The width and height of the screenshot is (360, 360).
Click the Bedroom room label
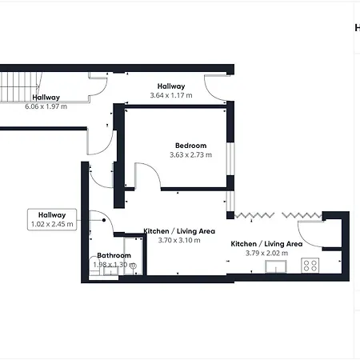click(190, 146)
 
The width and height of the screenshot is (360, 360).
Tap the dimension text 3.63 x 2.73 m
click(190, 154)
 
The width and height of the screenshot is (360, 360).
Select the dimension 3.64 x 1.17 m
click(171, 95)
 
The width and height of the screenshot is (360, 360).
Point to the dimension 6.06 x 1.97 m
click(46, 106)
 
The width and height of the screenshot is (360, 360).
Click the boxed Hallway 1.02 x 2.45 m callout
click(52, 219)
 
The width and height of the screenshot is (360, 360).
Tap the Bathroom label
click(114, 255)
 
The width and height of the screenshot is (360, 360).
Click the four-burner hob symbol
click(310, 266)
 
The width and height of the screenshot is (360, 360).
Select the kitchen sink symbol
click(276, 266)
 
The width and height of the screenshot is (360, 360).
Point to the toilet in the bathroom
click(94, 266)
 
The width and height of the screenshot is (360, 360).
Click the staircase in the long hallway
click(20, 86)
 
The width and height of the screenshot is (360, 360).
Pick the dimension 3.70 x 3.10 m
click(179, 240)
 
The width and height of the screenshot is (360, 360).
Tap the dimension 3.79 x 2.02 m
click(266, 253)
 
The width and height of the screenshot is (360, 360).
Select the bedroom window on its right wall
click(230, 159)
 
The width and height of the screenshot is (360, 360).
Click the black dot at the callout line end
click(104, 220)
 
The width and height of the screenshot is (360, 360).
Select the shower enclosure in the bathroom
click(134, 256)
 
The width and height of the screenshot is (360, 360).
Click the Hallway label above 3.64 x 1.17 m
click(171, 86)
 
